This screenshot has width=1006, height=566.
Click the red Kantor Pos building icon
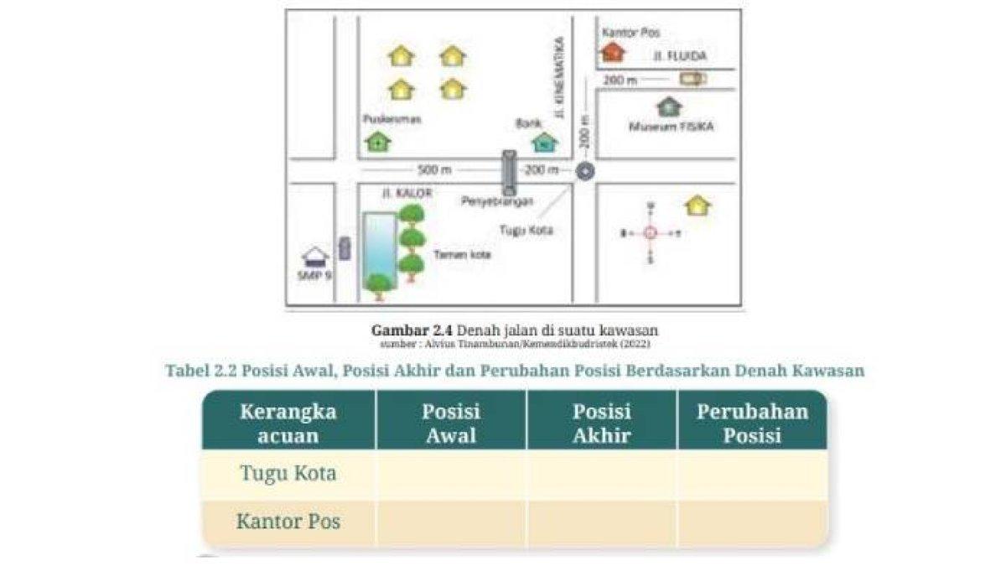point(613,52)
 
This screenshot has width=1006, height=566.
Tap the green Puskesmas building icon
point(378,142)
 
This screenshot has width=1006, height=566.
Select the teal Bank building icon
point(545,142)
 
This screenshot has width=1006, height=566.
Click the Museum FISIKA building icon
point(669,106)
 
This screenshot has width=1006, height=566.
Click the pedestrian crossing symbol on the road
point(509,172)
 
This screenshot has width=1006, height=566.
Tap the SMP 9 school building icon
point(315,256)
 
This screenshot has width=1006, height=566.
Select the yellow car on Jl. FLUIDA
point(692,79)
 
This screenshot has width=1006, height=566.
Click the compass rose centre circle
point(651,234)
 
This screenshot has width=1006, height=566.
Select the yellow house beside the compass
point(697,205)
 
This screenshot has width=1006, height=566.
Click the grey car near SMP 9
point(345,247)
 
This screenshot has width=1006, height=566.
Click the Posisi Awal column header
point(451,423)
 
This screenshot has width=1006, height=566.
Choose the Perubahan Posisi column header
point(752,423)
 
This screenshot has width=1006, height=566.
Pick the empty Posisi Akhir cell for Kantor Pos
point(602,521)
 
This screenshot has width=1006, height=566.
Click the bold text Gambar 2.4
point(409,330)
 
